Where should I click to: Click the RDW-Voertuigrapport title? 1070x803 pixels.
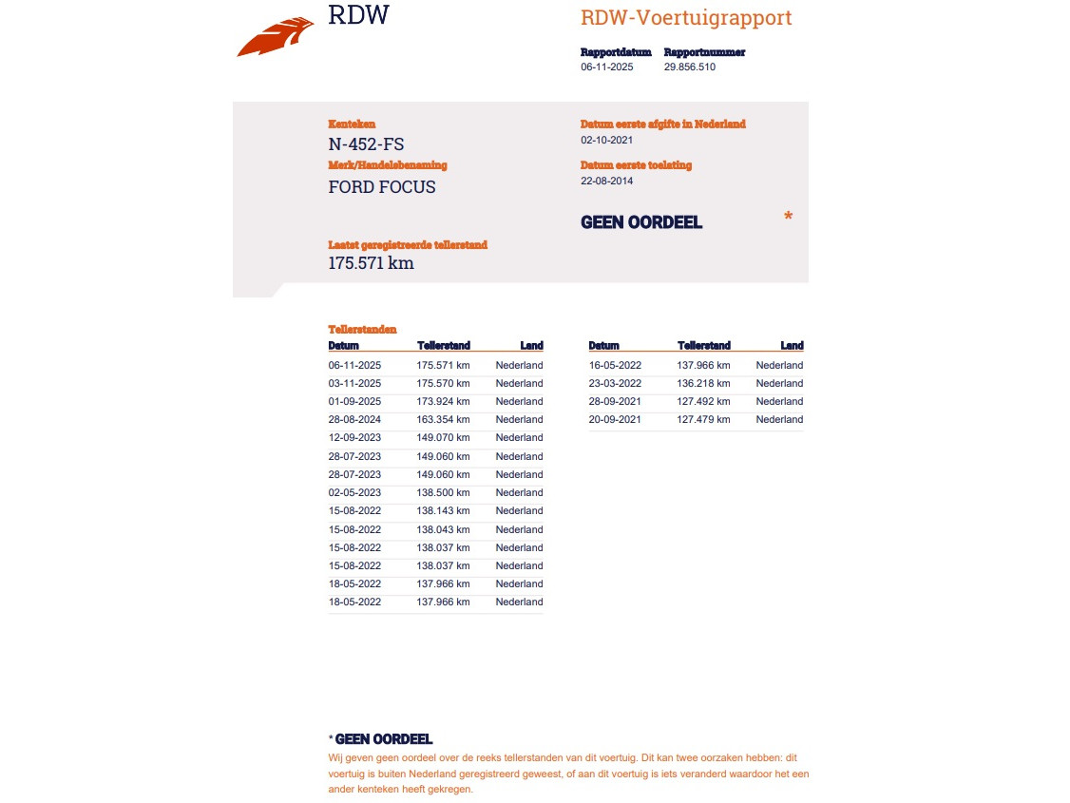pyautogui.click(x=685, y=18)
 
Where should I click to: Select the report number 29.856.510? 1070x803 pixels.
pyautogui.click(x=689, y=67)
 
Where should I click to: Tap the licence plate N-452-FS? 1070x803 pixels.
pyautogui.click(x=366, y=144)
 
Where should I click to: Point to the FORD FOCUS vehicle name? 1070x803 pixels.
pyautogui.click(x=382, y=187)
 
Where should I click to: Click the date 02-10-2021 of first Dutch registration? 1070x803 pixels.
pyautogui.click(x=606, y=140)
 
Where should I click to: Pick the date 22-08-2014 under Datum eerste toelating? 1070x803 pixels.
pyautogui.click(x=606, y=181)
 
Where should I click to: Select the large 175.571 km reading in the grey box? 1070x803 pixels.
pyautogui.click(x=371, y=263)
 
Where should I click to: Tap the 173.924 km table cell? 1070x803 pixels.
pyautogui.click(x=443, y=401)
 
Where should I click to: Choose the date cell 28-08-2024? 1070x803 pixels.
pyautogui.click(x=354, y=419)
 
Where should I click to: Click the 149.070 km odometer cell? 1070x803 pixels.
pyautogui.click(x=443, y=437)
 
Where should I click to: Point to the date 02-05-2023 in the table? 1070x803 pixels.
pyautogui.click(x=354, y=492)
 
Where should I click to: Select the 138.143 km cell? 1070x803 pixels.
pyautogui.click(x=443, y=510)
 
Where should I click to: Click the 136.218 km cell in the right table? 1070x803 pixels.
pyautogui.click(x=703, y=383)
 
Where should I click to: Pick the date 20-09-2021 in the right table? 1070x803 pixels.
pyautogui.click(x=615, y=419)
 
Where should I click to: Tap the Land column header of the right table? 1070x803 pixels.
pyautogui.click(x=792, y=346)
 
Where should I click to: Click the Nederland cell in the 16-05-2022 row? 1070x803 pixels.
pyautogui.click(x=779, y=365)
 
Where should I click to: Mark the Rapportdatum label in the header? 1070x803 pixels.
pyautogui.click(x=616, y=52)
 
